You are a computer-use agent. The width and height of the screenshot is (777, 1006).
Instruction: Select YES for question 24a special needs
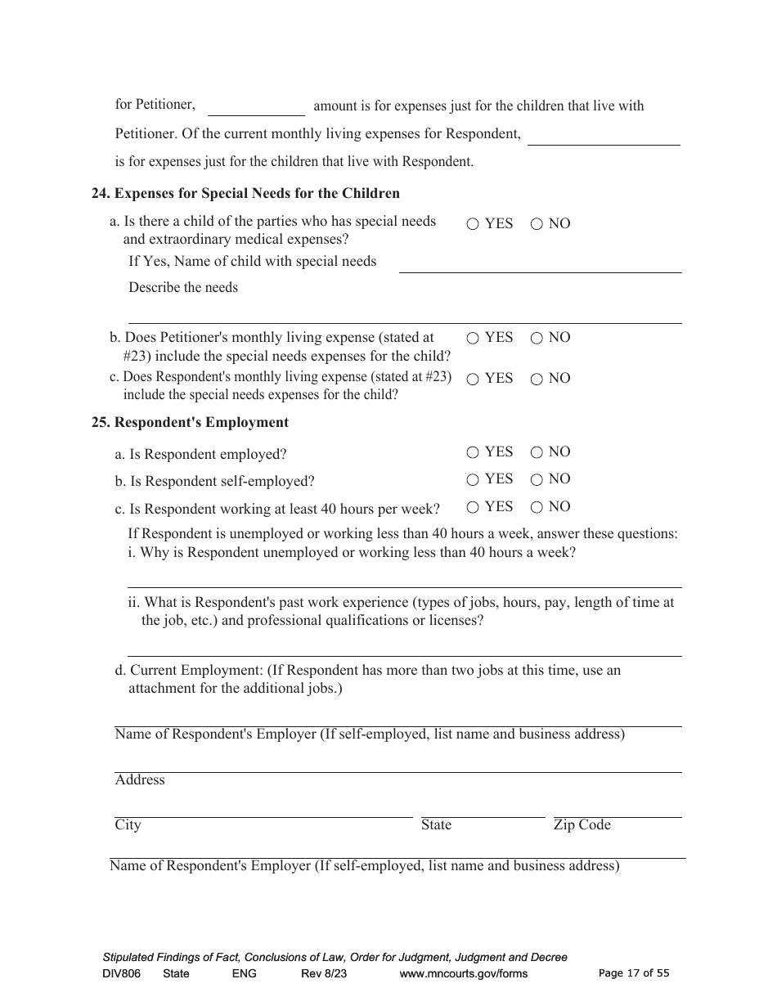click(x=473, y=224)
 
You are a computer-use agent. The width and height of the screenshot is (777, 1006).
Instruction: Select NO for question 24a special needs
click(x=537, y=224)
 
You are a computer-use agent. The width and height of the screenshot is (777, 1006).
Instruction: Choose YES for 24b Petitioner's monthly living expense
click(x=473, y=338)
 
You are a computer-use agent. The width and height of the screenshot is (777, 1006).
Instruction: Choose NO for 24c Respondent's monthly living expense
click(x=537, y=379)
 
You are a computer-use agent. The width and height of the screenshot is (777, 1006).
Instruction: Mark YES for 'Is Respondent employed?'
click(x=473, y=452)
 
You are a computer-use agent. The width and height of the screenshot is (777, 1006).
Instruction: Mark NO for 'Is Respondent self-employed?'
click(x=537, y=479)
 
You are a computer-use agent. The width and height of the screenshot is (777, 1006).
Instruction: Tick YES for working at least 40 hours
click(x=473, y=507)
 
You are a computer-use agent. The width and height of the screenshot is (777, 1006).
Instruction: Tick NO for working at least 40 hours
click(x=537, y=507)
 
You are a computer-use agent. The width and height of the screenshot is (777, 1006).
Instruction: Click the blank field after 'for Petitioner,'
click(x=256, y=106)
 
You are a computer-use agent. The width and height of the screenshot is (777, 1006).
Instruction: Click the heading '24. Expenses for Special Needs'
click(x=245, y=194)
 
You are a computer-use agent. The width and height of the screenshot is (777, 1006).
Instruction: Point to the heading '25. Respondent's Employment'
click(x=190, y=423)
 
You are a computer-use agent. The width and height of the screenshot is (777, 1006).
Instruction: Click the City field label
click(x=128, y=825)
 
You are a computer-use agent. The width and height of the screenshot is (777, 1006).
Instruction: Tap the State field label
click(x=436, y=825)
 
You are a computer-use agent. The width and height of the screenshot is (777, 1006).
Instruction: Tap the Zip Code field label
click(x=582, y=825)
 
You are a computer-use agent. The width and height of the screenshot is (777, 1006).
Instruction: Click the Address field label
click(x=140, y=780)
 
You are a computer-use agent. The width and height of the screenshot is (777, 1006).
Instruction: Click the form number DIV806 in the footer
click(x=122, y=973)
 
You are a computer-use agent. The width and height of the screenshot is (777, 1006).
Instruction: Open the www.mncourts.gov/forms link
click(x=463, y=973)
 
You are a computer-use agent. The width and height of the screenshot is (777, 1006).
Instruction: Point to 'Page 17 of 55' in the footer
click(x=634, y=973)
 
